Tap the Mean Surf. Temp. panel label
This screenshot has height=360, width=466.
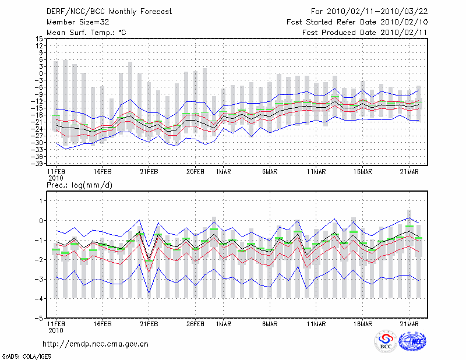coord(86,33)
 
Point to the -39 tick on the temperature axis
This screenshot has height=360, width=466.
coord(37,164)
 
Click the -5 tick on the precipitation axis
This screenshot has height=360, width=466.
coord(38,319)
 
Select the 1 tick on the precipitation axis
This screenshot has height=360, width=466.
coord(41,200)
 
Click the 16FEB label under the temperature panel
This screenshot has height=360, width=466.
coord(102,172)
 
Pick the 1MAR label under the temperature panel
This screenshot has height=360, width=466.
coord(221,172)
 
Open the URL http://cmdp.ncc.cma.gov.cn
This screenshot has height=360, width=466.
coord(96,344)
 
